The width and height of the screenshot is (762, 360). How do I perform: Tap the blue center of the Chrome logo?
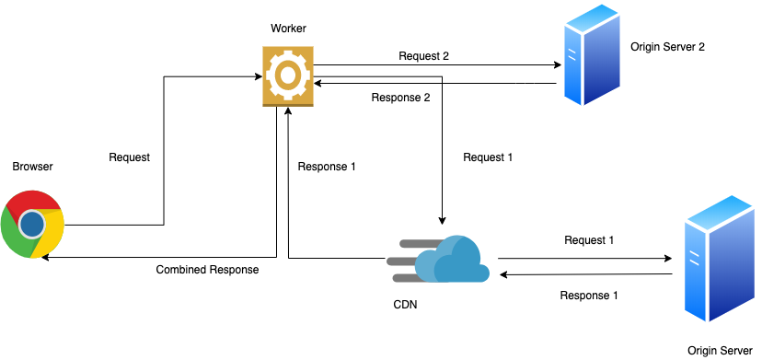point(33,224)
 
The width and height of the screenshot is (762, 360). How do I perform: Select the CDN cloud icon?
point(441,258)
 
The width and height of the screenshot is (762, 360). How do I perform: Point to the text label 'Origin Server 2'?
point(667,47)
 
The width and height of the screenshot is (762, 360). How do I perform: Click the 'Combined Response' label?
point(207,270)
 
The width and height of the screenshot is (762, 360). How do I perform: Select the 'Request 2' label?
point(423,56)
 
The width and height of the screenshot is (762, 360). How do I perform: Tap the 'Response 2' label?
point(400,98)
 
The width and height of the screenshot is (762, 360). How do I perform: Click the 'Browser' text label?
point(32,167)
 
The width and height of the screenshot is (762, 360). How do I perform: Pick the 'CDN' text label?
point(404,305)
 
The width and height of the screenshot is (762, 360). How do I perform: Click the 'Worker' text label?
point(288,29)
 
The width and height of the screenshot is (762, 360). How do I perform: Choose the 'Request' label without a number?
point(129,157)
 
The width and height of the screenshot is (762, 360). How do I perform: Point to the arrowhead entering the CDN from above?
point(443,221)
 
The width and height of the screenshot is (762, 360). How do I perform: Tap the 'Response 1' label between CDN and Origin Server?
point(589,296)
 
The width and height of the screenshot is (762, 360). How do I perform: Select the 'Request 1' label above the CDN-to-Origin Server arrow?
point(589,240)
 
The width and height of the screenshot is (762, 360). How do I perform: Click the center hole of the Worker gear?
point(288,74)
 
